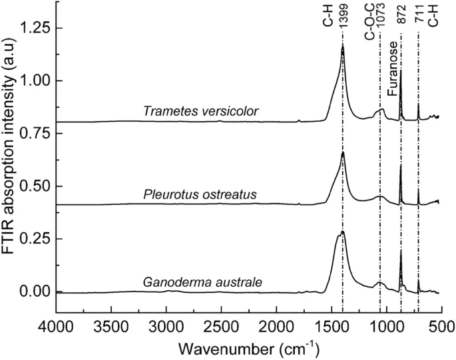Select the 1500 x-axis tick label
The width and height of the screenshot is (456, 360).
coord(331,326)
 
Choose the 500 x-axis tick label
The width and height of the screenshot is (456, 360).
coord(441,326)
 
